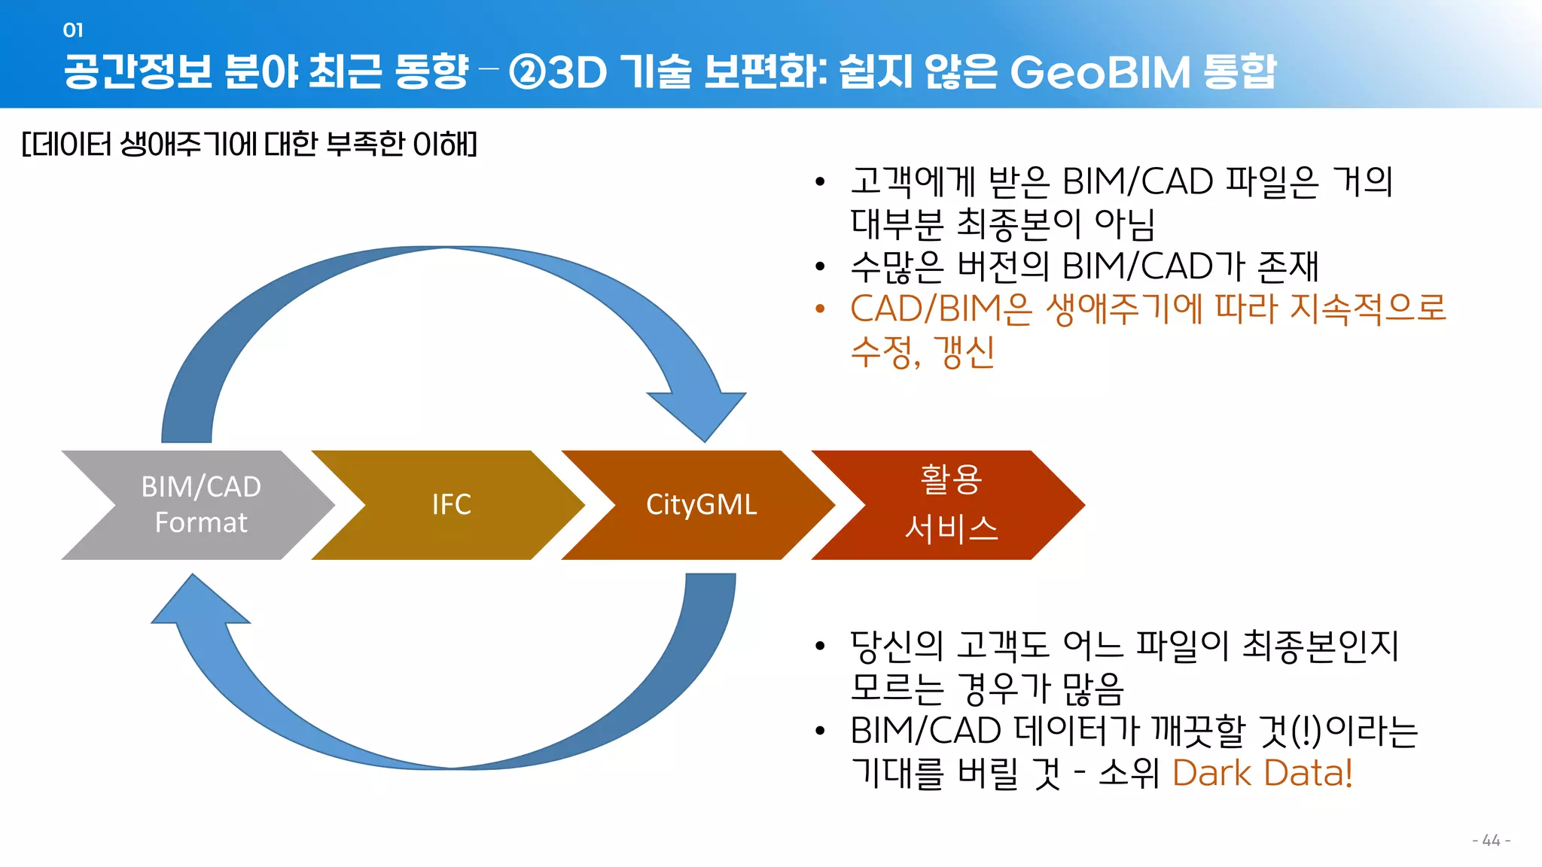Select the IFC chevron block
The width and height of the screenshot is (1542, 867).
[x=450, y=504]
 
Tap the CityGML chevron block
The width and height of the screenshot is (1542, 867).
[x=700, y=504]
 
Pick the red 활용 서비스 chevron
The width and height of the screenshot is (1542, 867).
[x=950, y=504]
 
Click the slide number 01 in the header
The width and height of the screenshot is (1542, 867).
[x=73, y=30]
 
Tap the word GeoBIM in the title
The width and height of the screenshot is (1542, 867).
[x=1100, y=72]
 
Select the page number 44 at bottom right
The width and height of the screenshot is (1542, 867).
[x=1491, y=840]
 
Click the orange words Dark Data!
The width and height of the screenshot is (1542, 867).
[x=1262, y=773]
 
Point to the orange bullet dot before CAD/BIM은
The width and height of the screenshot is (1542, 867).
[x=820, y=309]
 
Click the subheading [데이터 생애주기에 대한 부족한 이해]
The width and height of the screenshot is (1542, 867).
[x=249, y=143]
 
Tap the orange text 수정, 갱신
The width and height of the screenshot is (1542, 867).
[x=922, y=351]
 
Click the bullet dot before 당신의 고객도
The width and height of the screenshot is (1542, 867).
[x=820, y=646]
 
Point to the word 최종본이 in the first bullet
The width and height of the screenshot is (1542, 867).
[x=1018, y=224]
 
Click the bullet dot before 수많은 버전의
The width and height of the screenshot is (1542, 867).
[x=820, y=266]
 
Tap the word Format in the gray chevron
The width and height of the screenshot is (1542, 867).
[x=200, y=522]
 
